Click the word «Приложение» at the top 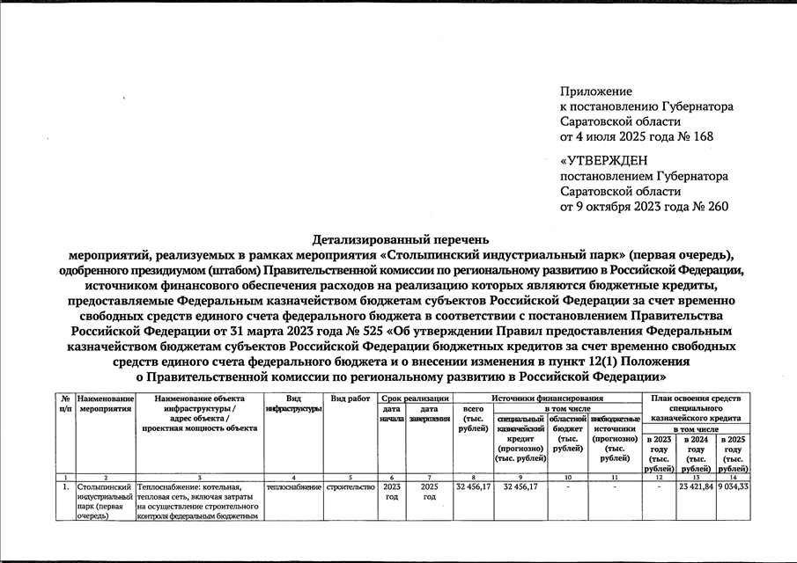tap(596, 91)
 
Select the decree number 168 tap(702, 136)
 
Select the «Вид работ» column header tap(351, 398)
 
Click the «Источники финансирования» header tap(547, 398)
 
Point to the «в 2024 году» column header tap(697, 448)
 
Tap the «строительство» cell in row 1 tap(351, 486)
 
